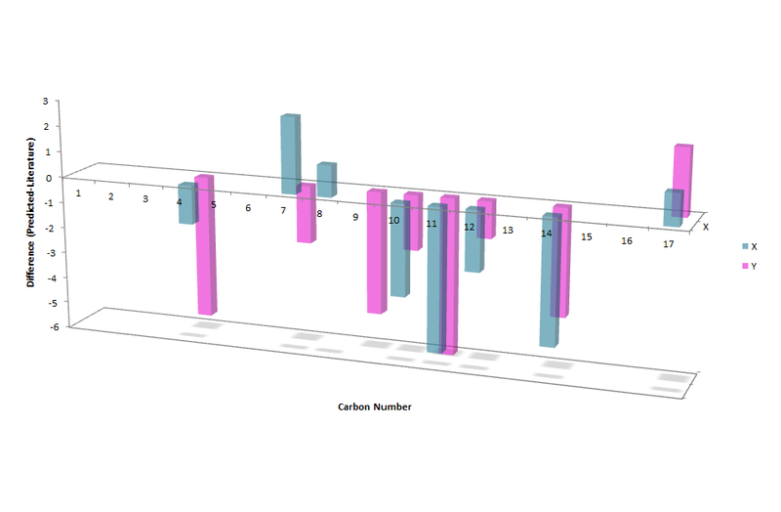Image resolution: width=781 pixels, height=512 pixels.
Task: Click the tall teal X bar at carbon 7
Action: pyautogui.click(x=290, y=154)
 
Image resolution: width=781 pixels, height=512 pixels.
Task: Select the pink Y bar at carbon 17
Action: pyautogui.click(x=682, y=181)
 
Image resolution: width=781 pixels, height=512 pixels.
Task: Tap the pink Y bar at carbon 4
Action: pyautogui.click(x=205, y=245)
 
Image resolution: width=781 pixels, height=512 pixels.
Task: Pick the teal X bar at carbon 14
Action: pyautogui.click(x=551, y=279)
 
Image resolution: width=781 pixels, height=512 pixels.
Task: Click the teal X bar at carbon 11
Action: pyautogui.click(x=436, y=278)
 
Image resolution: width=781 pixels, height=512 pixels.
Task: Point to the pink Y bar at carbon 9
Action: pyautogui.click(x=377, y=251)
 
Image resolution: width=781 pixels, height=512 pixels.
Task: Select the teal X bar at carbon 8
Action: pyautogui.click(x=327, y=180)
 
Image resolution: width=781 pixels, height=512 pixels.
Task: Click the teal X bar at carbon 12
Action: pyautogui.click(x=474, y=239)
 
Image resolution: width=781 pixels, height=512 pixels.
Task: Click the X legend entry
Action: pyautogui.click(x=750, y=247)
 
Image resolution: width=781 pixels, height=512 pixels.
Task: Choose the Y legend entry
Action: pyautogui.click(x=750, y=266)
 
